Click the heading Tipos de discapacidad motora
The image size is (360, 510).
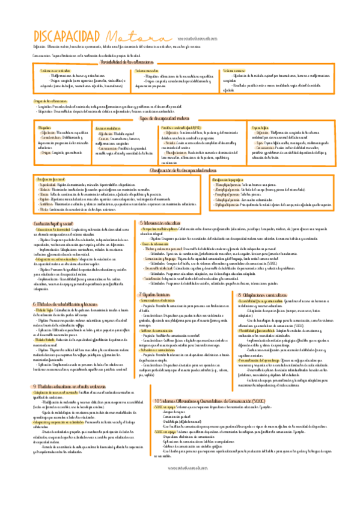point(180,120)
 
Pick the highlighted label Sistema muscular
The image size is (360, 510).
point(148,72)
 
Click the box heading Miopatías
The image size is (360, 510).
point(45,128)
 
